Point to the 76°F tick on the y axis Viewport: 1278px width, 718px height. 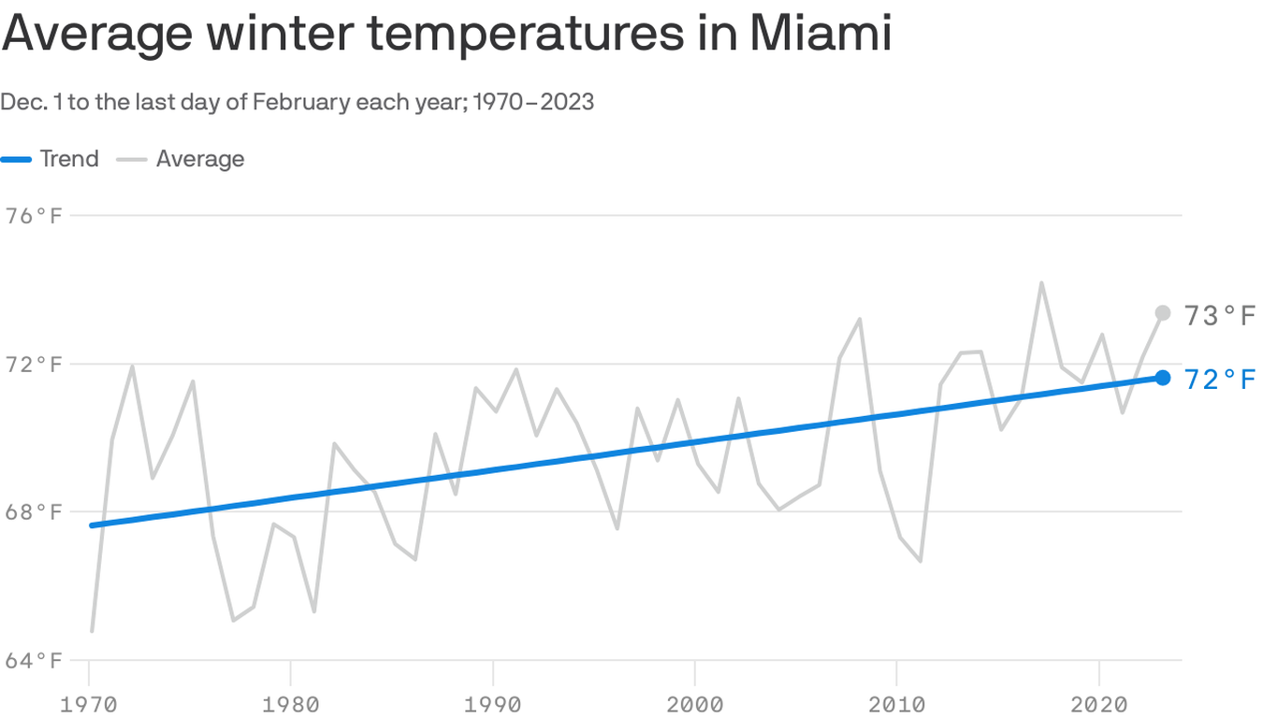tap(35, 216)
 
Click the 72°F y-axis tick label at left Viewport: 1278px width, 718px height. tap(35, 364)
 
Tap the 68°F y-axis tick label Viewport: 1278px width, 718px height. tap(35, 512)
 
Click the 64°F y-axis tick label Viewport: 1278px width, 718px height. tap(35, 661)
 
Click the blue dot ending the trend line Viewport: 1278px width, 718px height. tap(1163, 378)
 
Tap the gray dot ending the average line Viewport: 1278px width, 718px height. tap(1163, 313)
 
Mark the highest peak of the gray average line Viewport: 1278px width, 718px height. tap(1041, 282)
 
